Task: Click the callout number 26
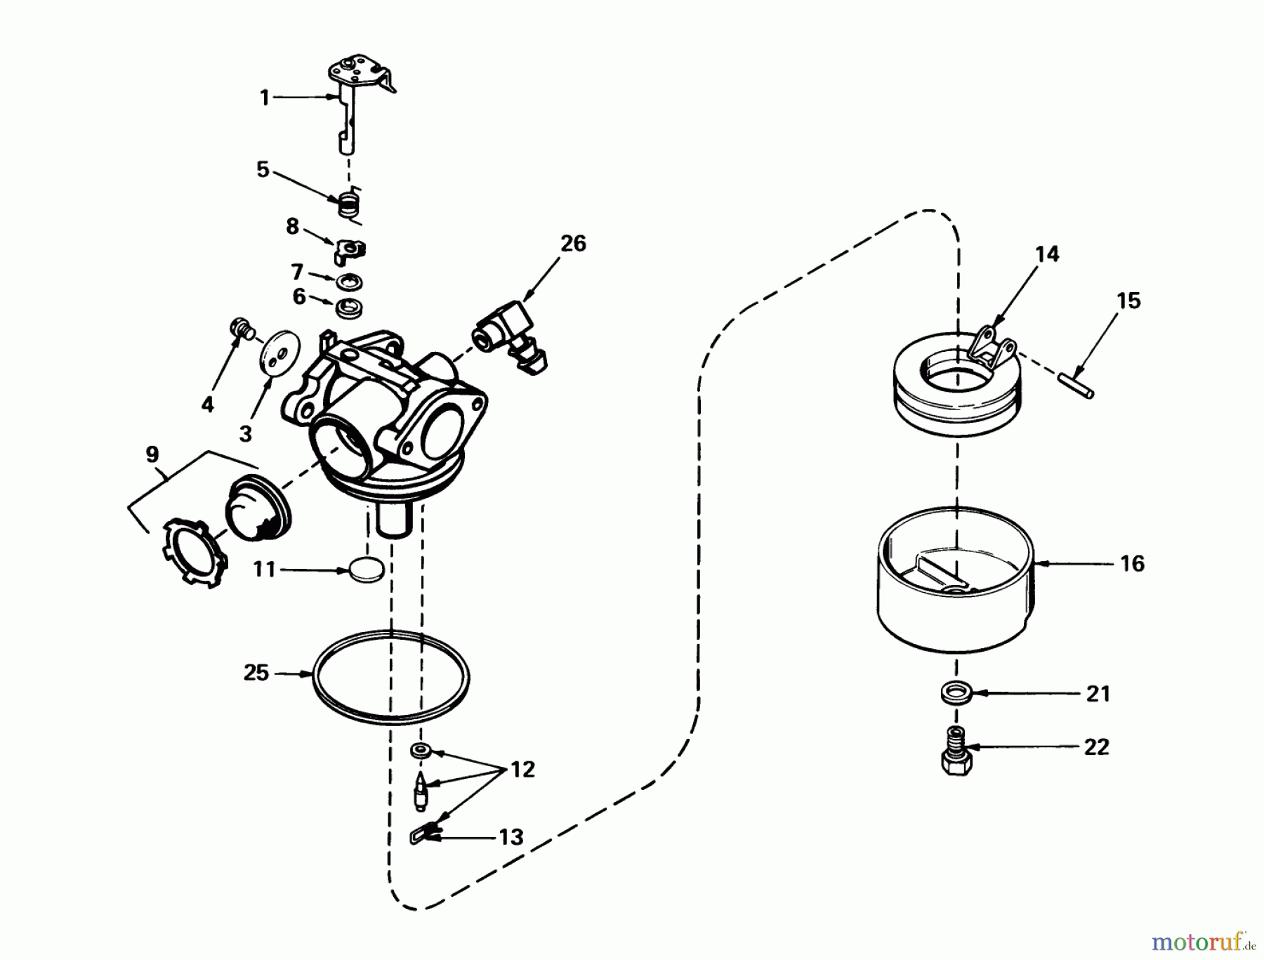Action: [573, 244]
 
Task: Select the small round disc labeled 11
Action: [367, 570]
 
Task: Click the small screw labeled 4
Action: [241, 328]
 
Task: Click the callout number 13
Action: [511, 836]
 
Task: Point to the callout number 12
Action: [522, 770]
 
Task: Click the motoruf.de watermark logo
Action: [1201, 940]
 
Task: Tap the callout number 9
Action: [152, 454]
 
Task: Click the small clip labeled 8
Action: [350, 249]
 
